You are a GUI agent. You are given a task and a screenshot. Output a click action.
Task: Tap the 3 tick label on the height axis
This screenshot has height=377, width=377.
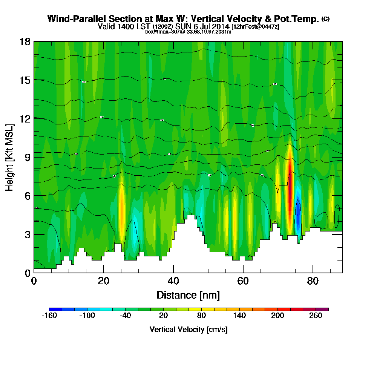tap(27, 234)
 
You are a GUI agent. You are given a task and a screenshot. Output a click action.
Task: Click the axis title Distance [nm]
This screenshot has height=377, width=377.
tap(188, 295)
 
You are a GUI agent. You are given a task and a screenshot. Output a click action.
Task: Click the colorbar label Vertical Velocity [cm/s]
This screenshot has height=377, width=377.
tap(188, 329)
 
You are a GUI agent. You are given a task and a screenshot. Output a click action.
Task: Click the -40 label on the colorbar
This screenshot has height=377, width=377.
tap(125, 316)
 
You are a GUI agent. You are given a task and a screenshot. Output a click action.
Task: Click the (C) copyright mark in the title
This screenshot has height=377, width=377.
tap(325, 18)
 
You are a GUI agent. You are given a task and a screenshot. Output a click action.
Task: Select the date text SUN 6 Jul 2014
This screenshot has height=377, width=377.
tap(202, 26)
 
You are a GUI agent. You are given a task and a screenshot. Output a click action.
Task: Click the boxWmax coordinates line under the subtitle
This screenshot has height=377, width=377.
tap(188, 32)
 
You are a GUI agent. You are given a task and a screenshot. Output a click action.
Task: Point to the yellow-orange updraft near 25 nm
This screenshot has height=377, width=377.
tap(121, 205)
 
